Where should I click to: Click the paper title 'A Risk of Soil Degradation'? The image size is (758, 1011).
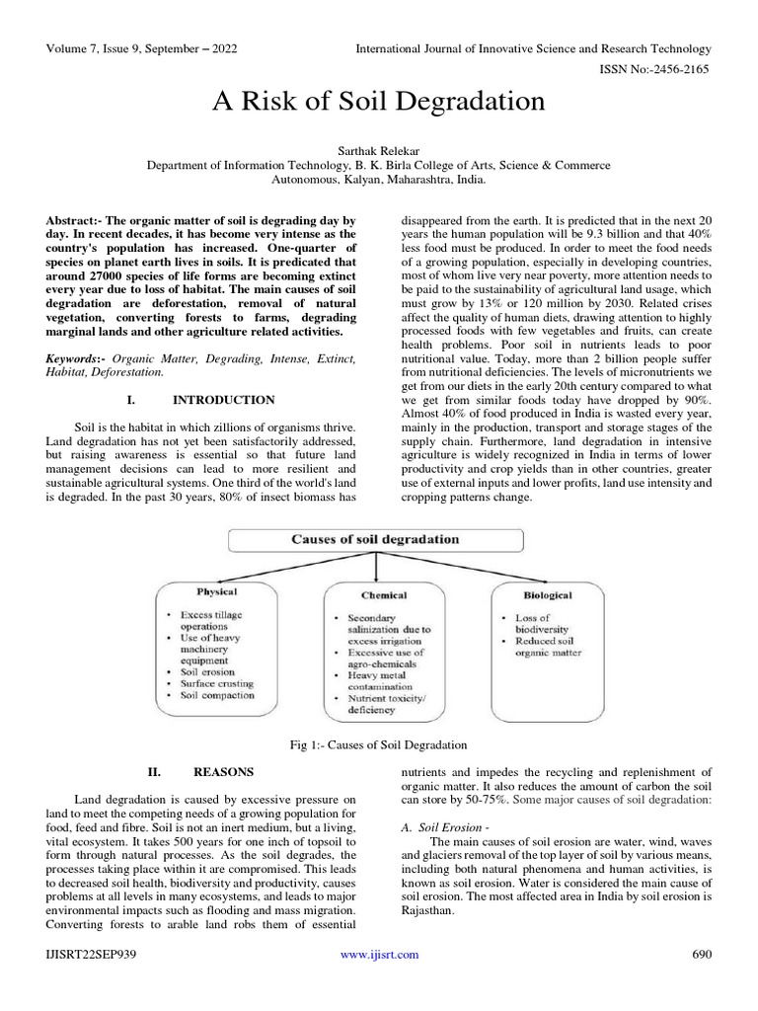click(x=379, y=101)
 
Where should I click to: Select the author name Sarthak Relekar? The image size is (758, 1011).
click(x=379, y=148)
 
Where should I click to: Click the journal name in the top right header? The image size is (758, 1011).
click(x=532, y=48)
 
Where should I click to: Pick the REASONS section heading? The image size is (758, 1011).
click(x=223, y=771)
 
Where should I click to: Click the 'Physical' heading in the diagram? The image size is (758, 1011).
click(x=217, y=592)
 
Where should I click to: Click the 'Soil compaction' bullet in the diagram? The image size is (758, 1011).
click(x=217, y=695)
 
